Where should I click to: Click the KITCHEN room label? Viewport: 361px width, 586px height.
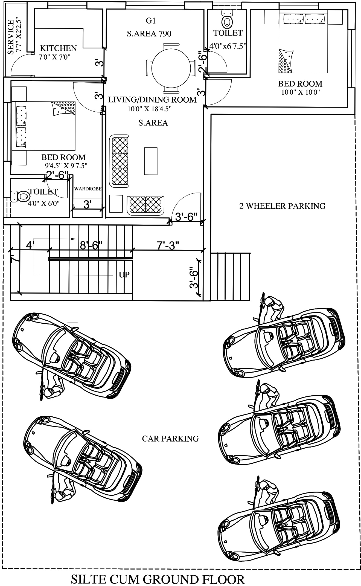pos(58,48)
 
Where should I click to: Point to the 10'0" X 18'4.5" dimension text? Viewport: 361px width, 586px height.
pos(149,109)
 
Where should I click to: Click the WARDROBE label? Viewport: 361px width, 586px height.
pos(88,189)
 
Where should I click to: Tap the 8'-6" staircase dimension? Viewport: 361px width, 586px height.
pos(91,245)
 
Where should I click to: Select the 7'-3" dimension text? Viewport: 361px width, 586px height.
pos(168,245)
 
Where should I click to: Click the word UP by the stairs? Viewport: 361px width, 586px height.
pos(124,274)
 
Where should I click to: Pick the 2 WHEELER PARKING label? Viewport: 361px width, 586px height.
pos(282,206)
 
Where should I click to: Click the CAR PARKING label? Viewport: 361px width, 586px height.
pos(170,439)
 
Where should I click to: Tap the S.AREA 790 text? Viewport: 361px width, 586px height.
pos(149,34)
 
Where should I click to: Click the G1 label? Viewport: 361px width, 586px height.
pos(151,21)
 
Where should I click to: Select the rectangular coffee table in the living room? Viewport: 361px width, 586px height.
pos(151,161)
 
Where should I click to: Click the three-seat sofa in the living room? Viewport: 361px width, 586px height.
pos(119,161)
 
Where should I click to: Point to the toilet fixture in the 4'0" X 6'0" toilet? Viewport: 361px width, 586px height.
pos(22,196)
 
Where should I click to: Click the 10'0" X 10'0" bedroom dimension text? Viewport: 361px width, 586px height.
pos(301,92)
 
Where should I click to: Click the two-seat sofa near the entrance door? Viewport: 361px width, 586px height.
pos(146,205)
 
